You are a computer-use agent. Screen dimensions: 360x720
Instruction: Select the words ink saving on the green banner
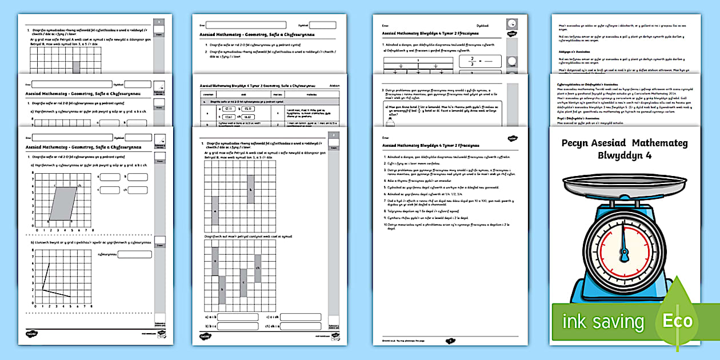[603, 322]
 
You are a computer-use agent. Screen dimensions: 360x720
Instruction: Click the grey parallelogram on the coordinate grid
[62, 203]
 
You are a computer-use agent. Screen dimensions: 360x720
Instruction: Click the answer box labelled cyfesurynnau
[134, 254]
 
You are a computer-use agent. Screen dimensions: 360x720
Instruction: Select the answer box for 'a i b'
[238, 317]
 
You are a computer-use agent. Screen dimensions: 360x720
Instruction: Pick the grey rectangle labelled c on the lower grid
[243, 282]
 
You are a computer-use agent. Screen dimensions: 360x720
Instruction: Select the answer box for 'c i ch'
[301, 317]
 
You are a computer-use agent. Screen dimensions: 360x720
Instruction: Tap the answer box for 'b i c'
[238, 327]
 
